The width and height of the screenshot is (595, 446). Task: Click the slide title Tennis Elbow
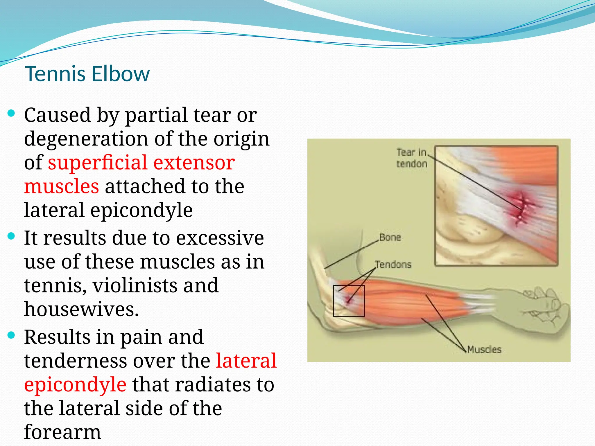click(x=87, y=74)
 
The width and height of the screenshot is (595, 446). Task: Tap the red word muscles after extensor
click(x=61, y=186)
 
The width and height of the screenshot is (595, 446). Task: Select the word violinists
click(x=135, y=286)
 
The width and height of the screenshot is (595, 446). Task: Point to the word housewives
click(x=81, y=310)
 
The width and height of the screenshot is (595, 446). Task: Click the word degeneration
click(x=86, y=139)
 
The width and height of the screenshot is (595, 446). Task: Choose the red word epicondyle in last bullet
click(x=75, y=385)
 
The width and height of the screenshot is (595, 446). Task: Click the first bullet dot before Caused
click(x=11, y=113)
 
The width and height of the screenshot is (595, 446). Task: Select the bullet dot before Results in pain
click(x=11, y=335)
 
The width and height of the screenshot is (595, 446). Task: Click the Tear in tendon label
click(x=412, y=158)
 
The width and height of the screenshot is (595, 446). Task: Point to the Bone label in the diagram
click(x=390, y=237)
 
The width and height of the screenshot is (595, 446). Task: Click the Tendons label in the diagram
click(x=393, y=265)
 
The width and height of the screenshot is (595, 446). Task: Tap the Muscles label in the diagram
click(x=484, y=350)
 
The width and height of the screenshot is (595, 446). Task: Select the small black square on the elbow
click(x=349, y=301)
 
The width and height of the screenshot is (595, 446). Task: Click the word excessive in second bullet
click(x=220, y=238)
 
